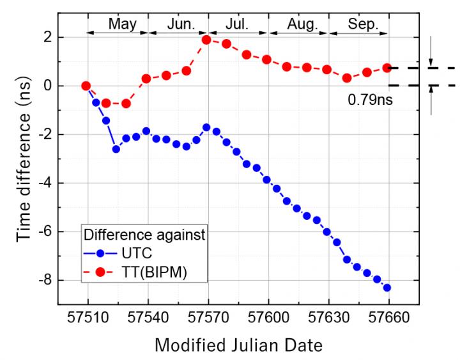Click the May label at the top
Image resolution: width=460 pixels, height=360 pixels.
pos(121,24)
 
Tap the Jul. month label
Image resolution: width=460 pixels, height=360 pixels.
pos(237,24)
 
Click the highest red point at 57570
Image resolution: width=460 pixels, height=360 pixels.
pos(206,40)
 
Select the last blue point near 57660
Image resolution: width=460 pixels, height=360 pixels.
pos(387,288)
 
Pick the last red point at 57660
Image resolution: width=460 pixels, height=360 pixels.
pos(387,67)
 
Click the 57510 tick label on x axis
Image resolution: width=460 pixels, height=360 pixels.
pos(88,318)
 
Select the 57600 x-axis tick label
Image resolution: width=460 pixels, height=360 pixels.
pos(268,318)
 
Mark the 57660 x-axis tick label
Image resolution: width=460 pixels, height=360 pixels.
pos(388,318)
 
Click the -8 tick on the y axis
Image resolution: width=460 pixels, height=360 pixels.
pos(45,281)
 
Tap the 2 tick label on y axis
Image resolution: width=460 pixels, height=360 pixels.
pos(47,37)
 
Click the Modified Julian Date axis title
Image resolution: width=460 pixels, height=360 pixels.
pos(238,345)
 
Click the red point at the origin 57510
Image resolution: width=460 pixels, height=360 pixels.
pos(86,86)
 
